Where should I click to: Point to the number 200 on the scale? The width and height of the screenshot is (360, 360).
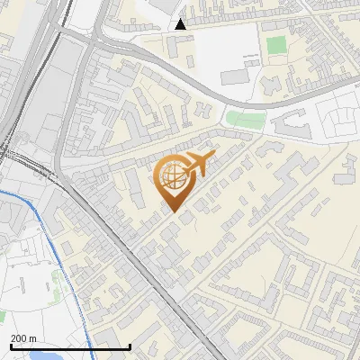coord(19,338)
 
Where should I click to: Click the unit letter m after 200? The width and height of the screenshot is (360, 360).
coord(33,338)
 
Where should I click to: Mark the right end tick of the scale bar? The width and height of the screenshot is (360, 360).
coord(130,346)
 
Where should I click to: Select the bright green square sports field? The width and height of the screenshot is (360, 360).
coord(275,43)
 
